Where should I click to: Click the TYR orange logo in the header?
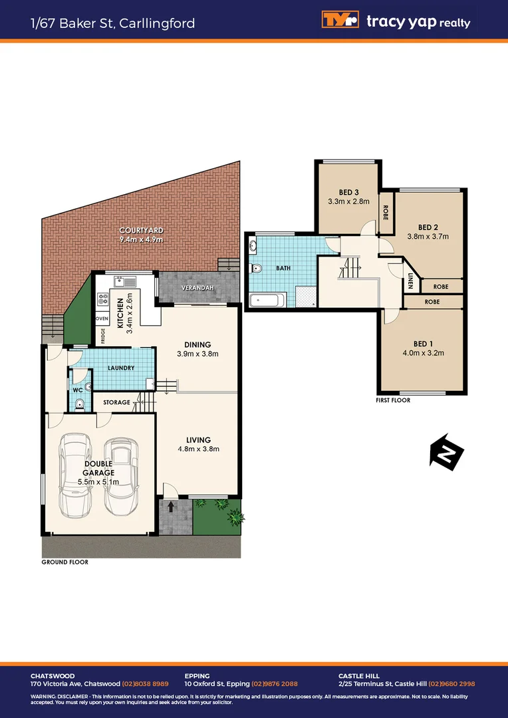point(340,21)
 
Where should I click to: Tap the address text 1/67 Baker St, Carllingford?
point(112,23)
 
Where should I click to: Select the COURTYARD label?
point(141,230)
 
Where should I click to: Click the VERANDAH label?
point(197,288)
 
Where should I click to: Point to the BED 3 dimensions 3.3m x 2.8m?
point(348,202)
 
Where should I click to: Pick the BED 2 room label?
point(428,226)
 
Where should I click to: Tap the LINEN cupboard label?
point(411,283)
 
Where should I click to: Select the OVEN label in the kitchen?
point(102,318)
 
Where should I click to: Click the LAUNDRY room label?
point(121,368)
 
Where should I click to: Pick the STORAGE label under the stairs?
point(116,402)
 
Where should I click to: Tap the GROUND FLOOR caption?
point(64,562)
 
